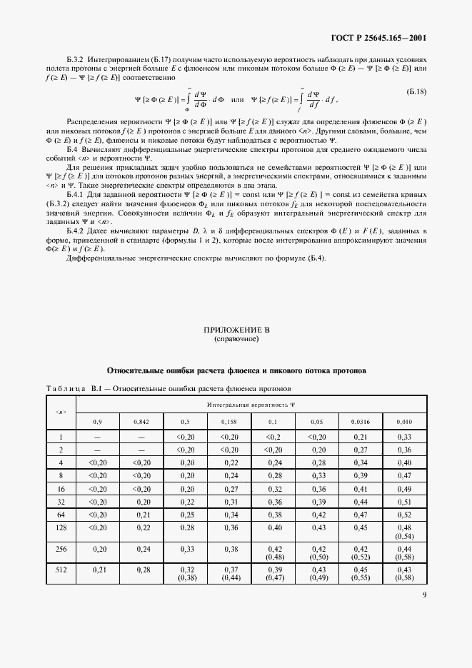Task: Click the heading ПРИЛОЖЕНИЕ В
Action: pos(236,331)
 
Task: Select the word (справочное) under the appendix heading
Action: pos(236,340)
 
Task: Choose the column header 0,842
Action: pos(141,422)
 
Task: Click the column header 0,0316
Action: pos(361,422)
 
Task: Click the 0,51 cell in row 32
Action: pos(404,503)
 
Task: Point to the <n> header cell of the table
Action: pos(61,413)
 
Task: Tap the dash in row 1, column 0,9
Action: pos(97,437)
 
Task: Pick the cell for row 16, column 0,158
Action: pos(229,490)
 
